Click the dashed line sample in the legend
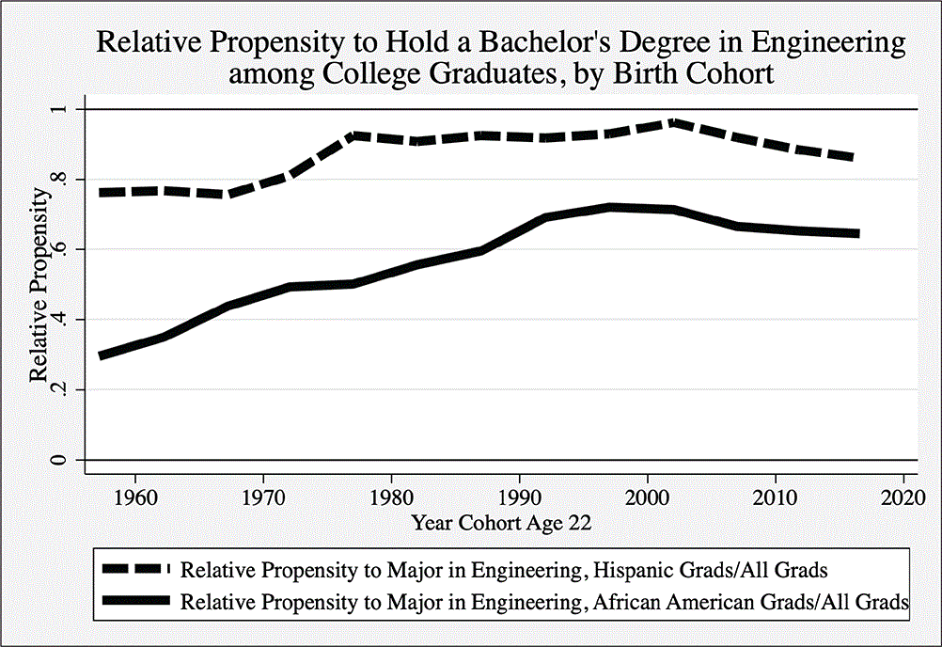(x=132, y=569)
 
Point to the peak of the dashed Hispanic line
(x=648, y=122)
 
